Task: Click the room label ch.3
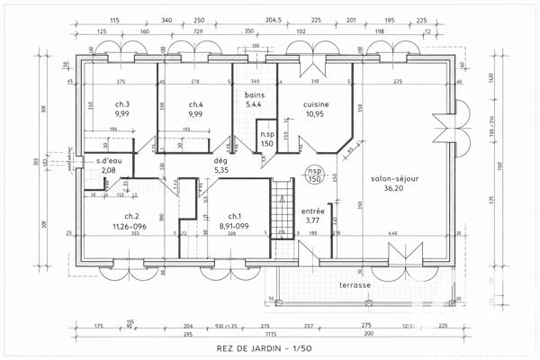122,104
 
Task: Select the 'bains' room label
255,94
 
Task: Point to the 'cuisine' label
316,104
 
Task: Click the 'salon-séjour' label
394,179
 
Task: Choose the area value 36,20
394,189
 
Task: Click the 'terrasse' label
355,284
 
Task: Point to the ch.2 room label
131,216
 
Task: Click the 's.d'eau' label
109,161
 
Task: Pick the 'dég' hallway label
220,159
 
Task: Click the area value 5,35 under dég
221,169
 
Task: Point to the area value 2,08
109,170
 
